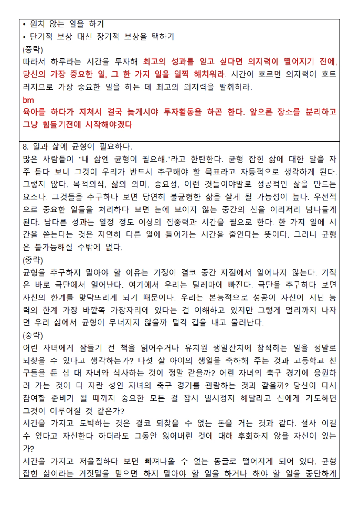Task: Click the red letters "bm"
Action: tap(27, 100)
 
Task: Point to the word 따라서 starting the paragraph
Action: tap(35, 62)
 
